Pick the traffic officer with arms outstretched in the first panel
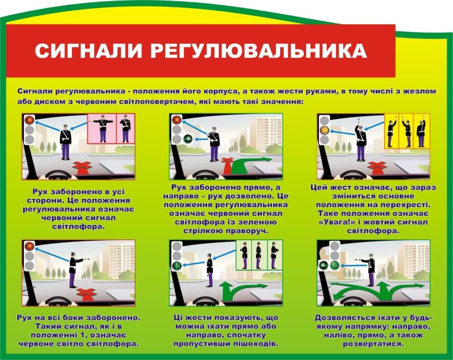pyautogui.click(x=65, y=140)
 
